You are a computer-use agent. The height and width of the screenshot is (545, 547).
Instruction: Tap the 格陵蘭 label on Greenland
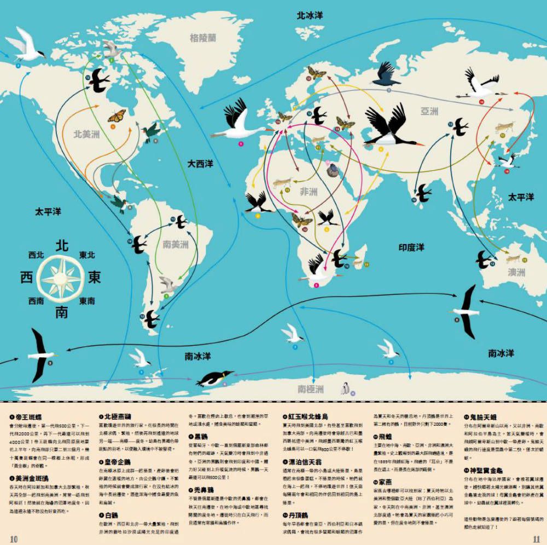[203, 38]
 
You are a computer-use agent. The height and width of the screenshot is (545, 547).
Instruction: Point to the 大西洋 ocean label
[200, 164]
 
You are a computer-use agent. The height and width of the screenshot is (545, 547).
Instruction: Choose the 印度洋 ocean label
[411, 247]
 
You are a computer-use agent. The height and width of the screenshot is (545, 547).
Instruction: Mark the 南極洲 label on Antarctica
[311, 389]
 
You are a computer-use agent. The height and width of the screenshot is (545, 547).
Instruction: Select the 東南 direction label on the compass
[87, 300]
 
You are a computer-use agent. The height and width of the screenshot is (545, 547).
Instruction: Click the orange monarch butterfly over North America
[116, 117]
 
